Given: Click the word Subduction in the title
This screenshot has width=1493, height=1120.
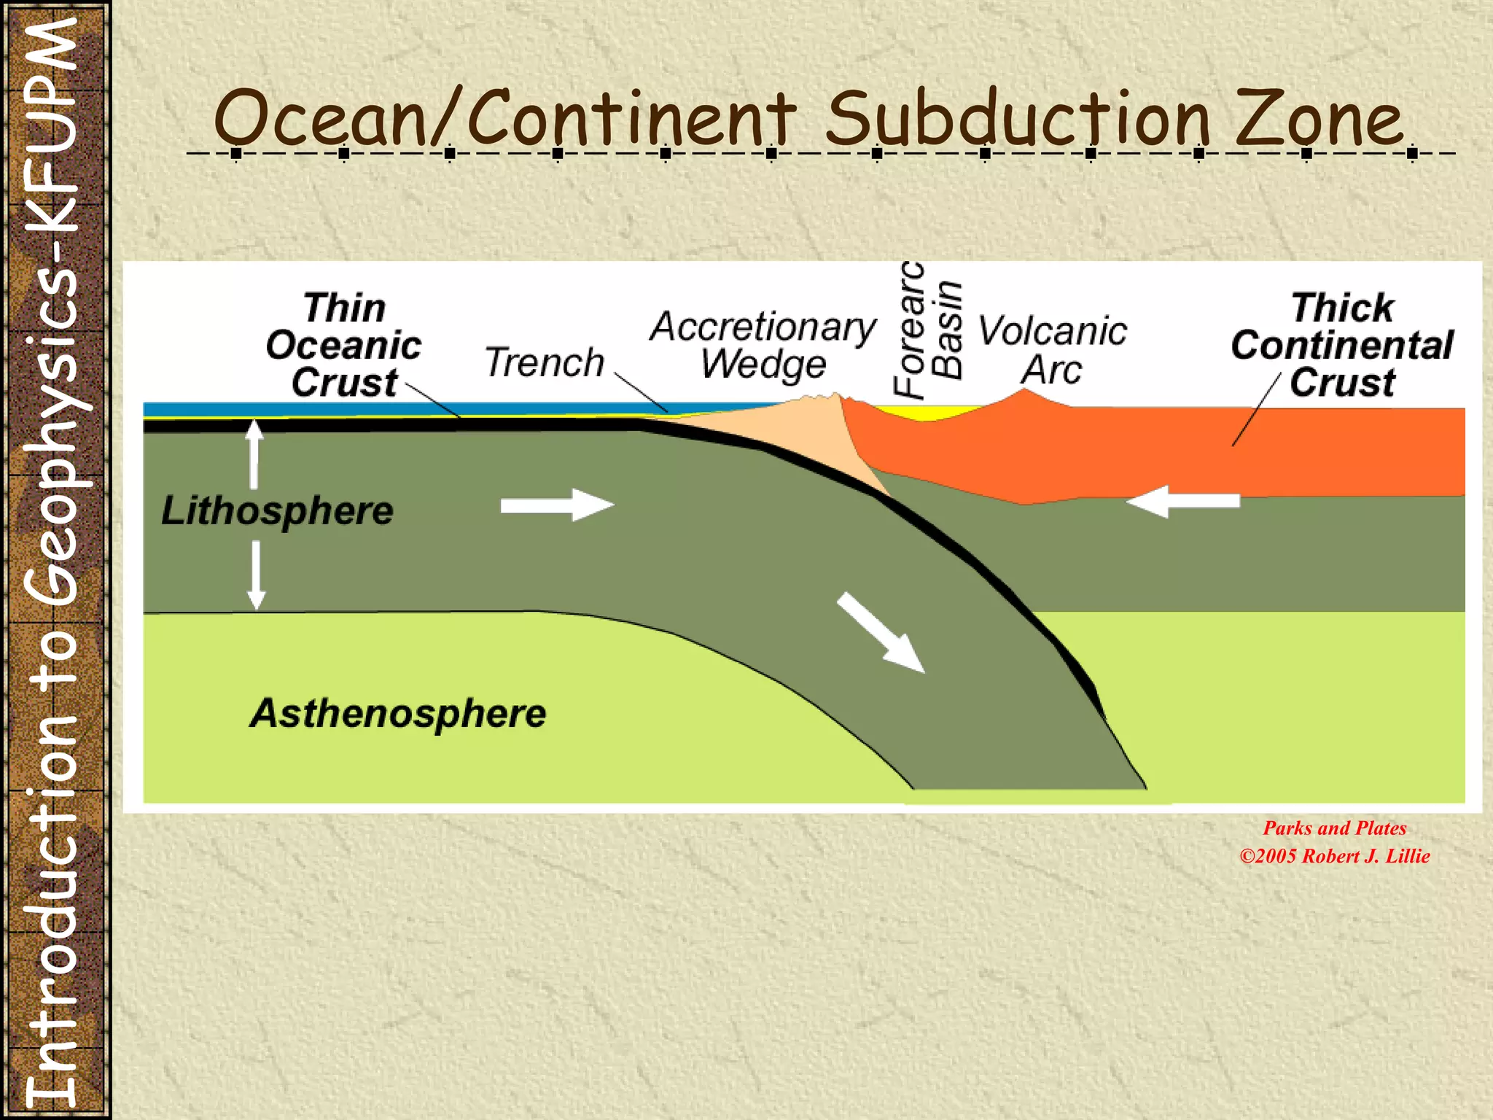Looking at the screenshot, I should point(1017,118).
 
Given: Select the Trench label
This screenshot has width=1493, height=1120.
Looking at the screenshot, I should point(545,362).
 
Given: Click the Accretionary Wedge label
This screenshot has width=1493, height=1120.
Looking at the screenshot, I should point(763,345).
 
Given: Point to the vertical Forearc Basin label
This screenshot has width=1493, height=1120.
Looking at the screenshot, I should point(928,330).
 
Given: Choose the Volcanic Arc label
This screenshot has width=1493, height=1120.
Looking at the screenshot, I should point(1052,350).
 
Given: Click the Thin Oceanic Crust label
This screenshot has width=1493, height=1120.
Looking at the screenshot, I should point(343,345).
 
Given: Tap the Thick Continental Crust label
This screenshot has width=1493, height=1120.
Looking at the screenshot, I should point(1342,345).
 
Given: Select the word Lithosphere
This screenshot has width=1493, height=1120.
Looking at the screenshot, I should point(277,510).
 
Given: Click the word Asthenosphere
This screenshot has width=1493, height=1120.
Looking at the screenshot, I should point(398,713).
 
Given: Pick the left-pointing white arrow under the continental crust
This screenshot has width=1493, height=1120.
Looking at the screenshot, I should point(1183,501).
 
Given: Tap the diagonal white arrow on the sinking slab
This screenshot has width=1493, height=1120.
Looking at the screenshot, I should point(881,632).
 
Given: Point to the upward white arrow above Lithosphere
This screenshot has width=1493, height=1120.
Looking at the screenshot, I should point(254,454).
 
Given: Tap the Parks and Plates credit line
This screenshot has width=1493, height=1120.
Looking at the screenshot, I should point(1334,828).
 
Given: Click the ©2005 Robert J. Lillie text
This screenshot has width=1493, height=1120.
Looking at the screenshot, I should point(1334,856).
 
